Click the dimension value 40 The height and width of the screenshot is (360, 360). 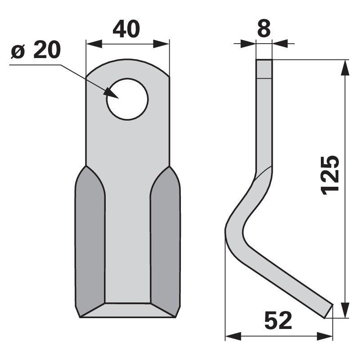126,30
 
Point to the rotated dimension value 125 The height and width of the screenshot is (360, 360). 331,175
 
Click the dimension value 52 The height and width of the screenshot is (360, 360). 278,321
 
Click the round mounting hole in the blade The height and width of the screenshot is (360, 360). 127,99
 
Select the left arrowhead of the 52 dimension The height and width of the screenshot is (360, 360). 231,336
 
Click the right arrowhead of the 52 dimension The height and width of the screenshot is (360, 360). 326,336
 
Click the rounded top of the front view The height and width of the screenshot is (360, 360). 127,65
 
